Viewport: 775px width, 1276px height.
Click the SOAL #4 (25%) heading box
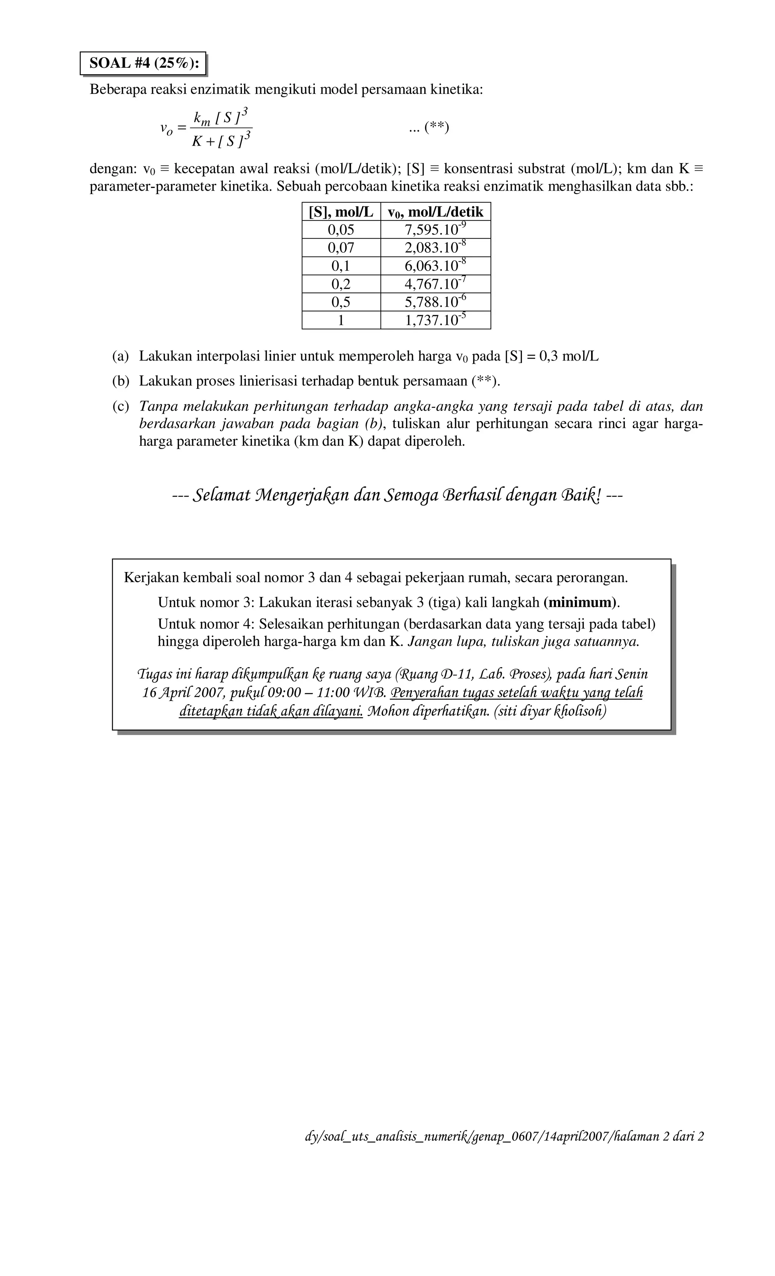(x=143, y=63)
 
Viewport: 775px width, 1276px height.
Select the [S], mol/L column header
(x=341, y=212)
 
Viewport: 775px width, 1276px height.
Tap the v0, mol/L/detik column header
(x=435, y=212)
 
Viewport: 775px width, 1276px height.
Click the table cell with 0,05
(x=341, y=229)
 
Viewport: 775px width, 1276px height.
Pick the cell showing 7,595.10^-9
(x=435, y=229)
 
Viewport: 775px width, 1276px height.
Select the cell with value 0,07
(x=341, y=247)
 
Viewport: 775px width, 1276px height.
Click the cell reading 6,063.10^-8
(x=435, y=266)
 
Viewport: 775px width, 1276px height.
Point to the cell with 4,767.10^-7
(x=435, y=284)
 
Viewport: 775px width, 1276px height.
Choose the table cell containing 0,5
(x=341, y=302)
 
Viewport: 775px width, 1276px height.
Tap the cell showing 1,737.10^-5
(x=435, y=320)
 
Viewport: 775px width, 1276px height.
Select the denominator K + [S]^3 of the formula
(x=221, y=140)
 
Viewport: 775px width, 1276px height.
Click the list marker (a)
(x=120, y=356)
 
